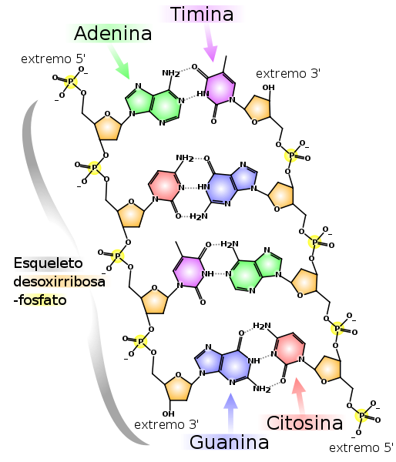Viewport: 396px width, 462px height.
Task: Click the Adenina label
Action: pos(113,33)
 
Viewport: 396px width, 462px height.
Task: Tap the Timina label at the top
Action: pos(202,14)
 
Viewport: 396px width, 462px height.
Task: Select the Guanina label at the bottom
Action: pos(229,442)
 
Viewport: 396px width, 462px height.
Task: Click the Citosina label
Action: pos(304,423)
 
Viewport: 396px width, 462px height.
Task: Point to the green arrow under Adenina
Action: pos(119,63)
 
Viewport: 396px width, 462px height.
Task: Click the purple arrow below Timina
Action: pos(211,43)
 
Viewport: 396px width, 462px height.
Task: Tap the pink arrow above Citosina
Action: pos(299,396)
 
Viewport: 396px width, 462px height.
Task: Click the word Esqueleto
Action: pos(48,263)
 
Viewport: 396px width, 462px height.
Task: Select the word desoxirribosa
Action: pos(59,282)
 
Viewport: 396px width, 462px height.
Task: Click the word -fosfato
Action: pos(40,300)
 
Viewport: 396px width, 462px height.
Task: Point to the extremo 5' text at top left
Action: pos(53,59)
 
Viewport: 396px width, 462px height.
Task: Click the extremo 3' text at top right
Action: pos(288,74)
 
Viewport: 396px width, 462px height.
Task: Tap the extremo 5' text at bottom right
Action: pos(361,447)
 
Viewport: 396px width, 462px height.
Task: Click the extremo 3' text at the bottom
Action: pos(166,424)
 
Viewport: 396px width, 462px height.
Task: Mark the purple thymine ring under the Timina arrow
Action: pos(220,88)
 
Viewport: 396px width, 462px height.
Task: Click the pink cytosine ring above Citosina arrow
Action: pos(290,349)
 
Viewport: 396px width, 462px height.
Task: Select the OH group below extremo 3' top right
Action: pos(269,88)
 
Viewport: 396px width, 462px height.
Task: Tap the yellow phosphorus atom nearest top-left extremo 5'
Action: pos(71,82)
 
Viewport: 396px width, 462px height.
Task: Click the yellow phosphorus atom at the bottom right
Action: pos(362,416)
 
